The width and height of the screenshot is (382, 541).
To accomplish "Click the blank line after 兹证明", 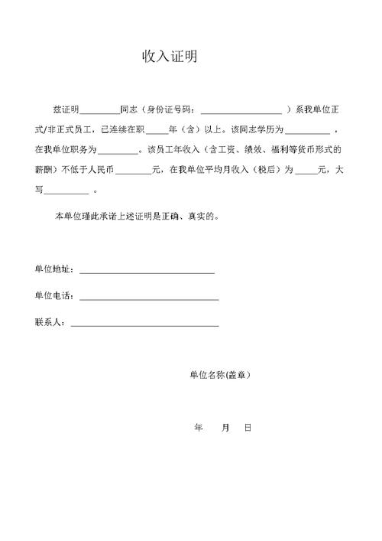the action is click(99, 110).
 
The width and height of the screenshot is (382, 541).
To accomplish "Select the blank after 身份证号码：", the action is click(241, 110).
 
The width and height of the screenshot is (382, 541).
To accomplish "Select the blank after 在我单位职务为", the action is click(118, 150).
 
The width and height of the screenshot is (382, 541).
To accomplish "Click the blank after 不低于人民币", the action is click(134, 170).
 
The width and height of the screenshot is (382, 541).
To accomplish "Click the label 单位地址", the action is click(53, 270).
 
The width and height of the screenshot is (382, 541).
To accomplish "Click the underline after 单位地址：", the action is click(147, 272).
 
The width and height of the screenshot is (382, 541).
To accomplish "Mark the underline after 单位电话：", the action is click(149, 298).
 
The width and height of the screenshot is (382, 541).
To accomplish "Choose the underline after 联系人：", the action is click(144, 324).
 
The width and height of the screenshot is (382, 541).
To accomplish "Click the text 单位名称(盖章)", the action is click(219, 376).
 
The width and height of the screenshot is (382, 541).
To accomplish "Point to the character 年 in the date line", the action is click(199, 429).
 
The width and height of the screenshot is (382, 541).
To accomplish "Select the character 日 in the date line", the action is click(248, 429).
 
